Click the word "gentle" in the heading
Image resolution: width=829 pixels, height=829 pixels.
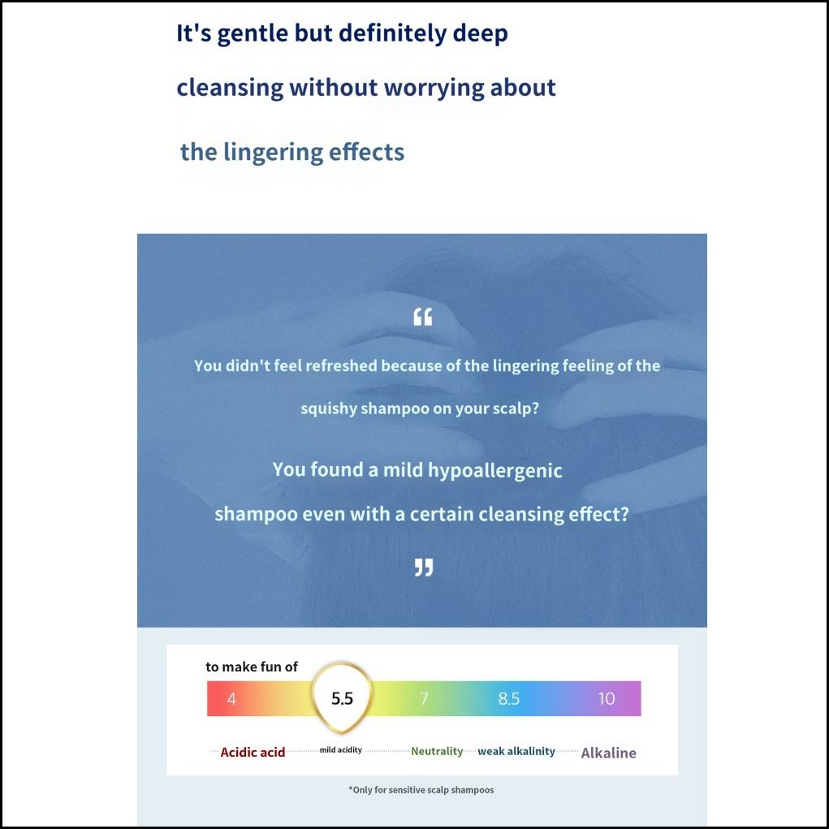[253, 34]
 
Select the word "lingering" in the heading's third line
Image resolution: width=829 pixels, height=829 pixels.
[272, 153]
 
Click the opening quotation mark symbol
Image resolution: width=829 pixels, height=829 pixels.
[422, 317]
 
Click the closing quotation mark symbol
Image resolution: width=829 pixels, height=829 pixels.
[424, 568]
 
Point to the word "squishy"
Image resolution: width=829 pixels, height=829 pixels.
[328, 408]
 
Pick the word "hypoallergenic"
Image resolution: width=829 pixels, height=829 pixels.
[494, 471]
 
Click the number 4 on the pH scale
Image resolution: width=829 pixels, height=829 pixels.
[231, 699]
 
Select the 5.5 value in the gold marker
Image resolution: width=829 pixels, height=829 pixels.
[342, 699]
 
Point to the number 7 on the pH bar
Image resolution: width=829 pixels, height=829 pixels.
[424, 699]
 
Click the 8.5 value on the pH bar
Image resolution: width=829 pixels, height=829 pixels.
[508, 699]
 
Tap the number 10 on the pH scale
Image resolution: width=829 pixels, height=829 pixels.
[607, 699]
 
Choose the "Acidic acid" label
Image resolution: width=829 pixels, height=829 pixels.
[253, 753]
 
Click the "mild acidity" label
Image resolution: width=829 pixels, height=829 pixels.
[341, 750]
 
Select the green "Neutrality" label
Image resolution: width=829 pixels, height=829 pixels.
[437, 751]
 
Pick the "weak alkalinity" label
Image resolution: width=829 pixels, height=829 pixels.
[516, 751]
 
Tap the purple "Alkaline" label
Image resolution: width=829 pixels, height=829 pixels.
[608, 753]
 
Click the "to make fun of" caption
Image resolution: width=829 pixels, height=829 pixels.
[252, 667]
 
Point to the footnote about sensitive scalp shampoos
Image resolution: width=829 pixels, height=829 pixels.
[421, 790]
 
